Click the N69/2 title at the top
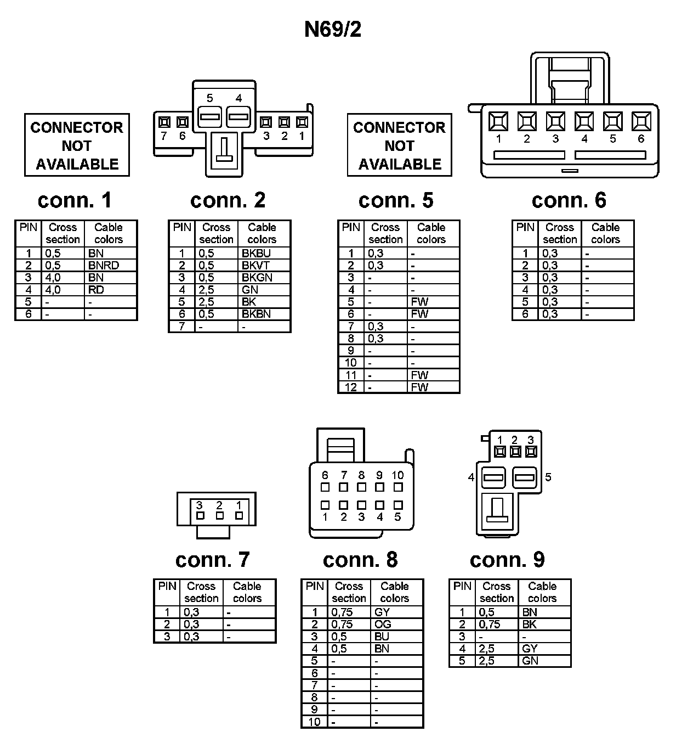pos(333,30)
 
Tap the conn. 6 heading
pos(569,200)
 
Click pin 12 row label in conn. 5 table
pos(351,387)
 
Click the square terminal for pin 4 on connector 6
pos(584,121)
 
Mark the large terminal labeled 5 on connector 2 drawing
pos(210,116)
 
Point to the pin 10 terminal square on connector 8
pos(398,487)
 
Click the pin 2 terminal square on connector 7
pos(219,516)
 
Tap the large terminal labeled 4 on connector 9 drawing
pos(493,477)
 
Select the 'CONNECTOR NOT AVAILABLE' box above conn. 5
pos(399,145)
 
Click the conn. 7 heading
pos(212,560)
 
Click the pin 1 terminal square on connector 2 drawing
pos(302,122)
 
